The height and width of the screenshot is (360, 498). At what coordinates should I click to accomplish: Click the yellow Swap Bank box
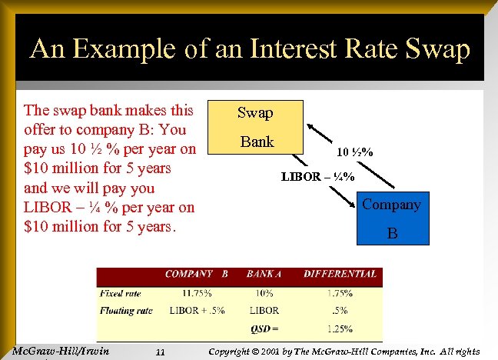[255, 127]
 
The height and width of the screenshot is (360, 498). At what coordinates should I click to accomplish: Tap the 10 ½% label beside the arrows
[354, 152]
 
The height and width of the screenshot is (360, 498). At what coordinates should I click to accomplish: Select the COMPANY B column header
[197, 274]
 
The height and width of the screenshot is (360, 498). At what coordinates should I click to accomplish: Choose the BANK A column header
[264, 274]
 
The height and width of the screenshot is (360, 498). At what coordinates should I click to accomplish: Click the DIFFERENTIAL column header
[340, 274]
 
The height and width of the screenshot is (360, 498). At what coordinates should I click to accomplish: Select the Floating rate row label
[124, 311]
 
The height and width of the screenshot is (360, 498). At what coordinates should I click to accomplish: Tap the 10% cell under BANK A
[264, 293]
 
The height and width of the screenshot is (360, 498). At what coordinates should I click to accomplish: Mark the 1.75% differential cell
[339, 293]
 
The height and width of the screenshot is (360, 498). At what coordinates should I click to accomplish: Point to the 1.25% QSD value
[339, 328]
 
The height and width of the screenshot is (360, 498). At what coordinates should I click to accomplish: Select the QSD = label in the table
[264, 328]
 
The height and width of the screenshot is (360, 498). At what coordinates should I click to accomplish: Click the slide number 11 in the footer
[160, 352]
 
